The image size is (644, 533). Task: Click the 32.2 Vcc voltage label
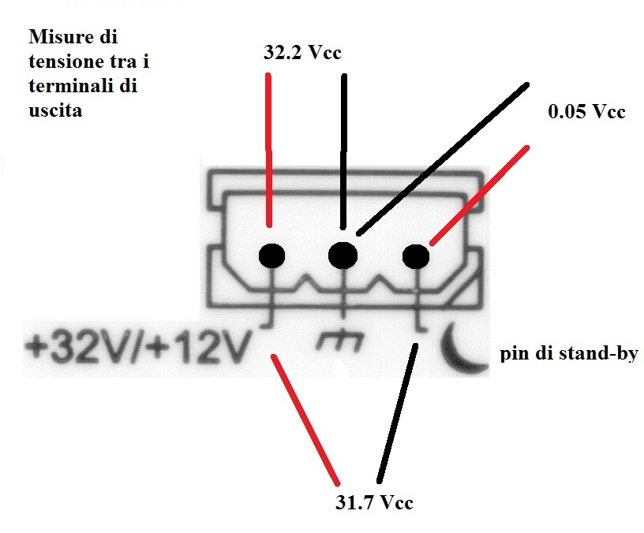point(302,53)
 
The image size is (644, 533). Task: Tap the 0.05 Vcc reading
point(586,112)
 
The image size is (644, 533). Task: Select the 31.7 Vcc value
point(374,502)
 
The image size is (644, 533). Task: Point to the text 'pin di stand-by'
point(569,353)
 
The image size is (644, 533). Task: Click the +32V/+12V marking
point(138,348)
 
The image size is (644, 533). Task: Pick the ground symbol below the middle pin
point(342,341)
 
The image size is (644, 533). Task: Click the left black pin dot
point(272,255)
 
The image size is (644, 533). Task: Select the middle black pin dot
point(343,255)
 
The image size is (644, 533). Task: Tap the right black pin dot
point(416,256)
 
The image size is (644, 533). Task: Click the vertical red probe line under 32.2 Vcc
point(268,150)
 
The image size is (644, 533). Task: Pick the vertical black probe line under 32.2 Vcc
point(344,151)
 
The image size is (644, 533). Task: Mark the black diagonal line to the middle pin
point(442,159)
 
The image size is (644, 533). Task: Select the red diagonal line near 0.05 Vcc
point(479,196)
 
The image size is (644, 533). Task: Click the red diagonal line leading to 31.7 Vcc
point(305,420)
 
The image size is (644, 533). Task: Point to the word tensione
point(69,61)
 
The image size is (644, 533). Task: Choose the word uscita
point(55,110)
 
